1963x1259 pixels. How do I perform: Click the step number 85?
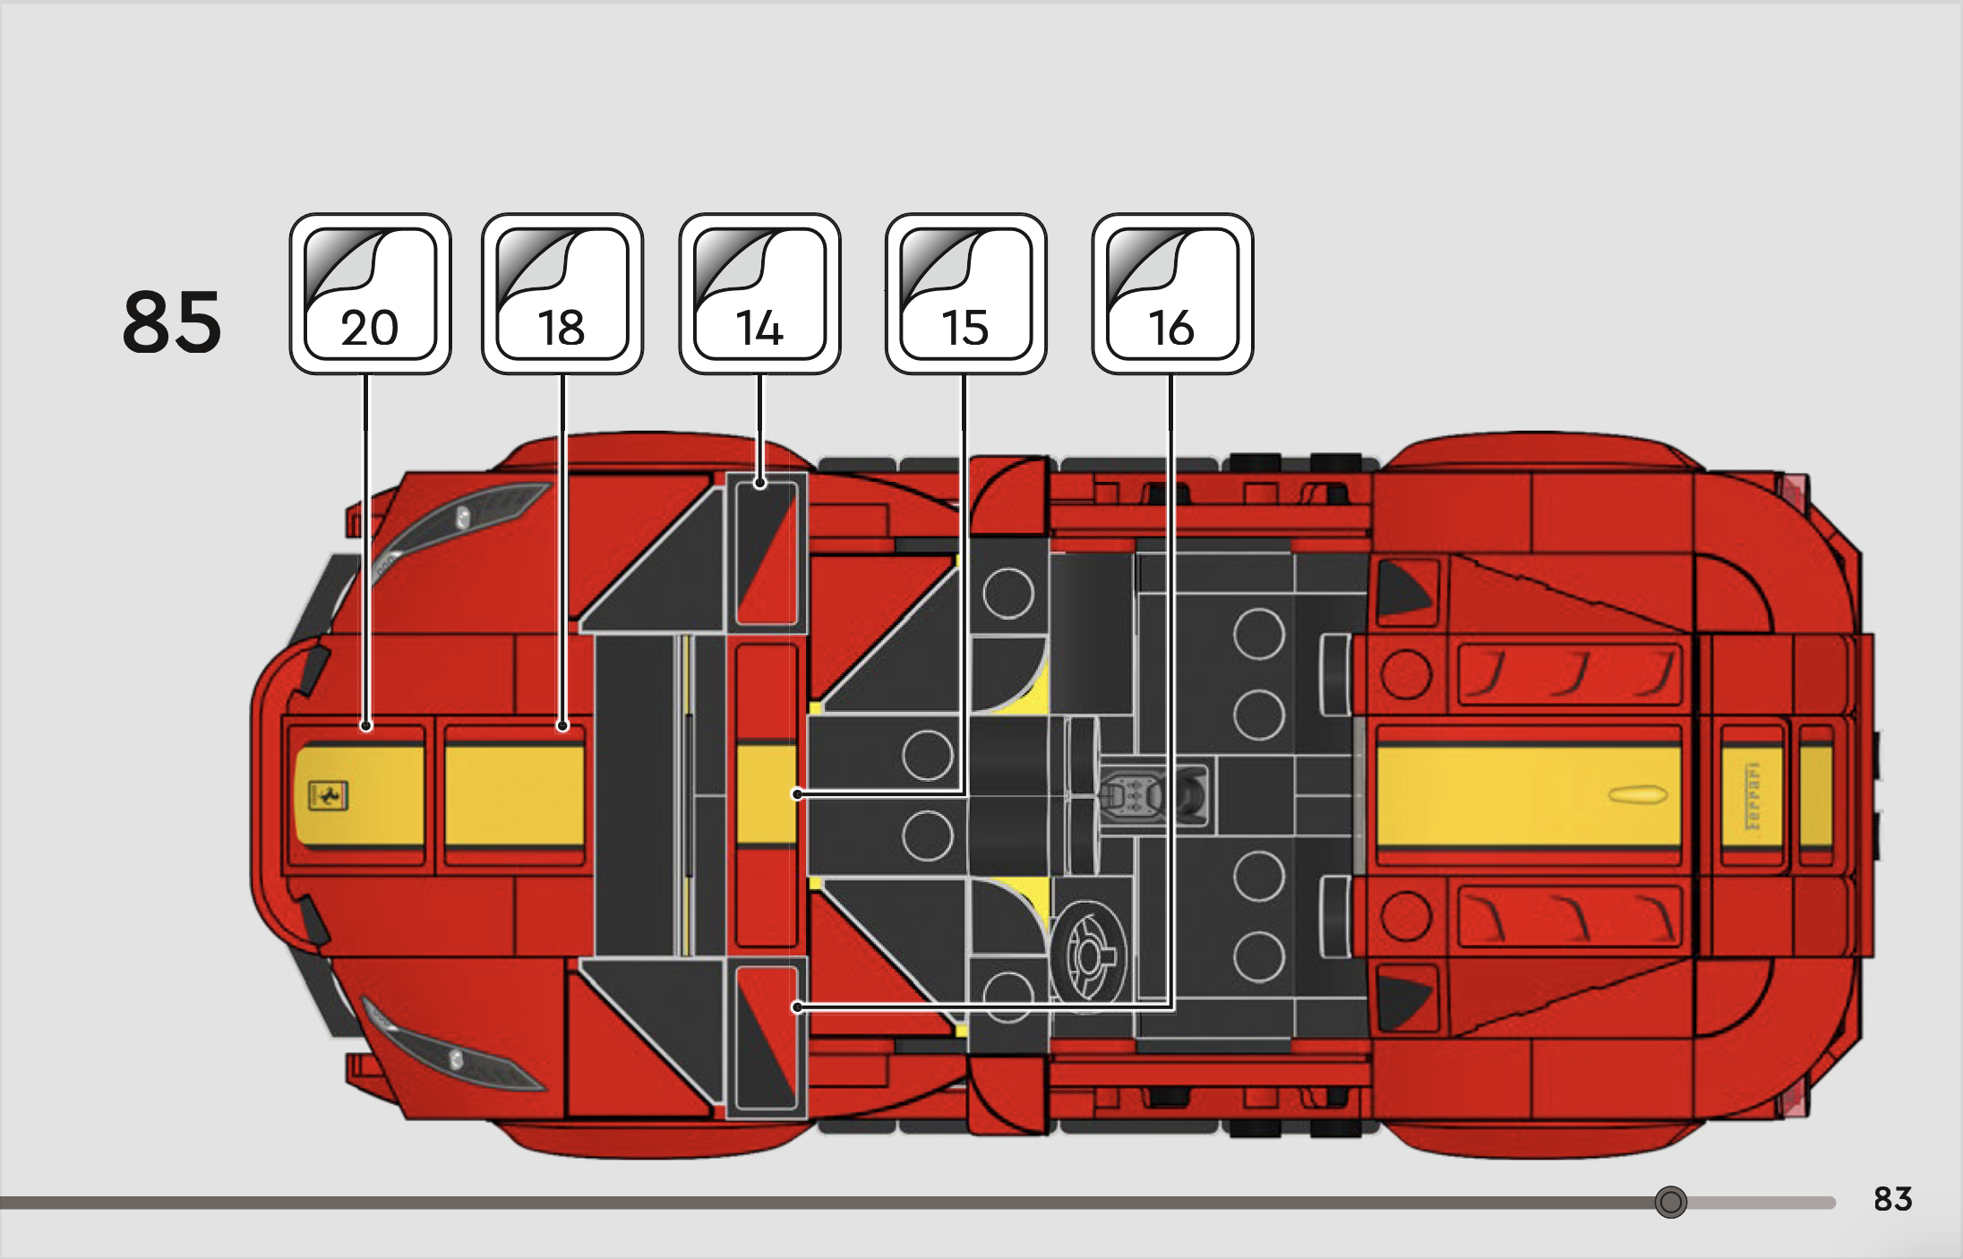[171, 321]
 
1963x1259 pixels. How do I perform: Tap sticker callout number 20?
[370, 294]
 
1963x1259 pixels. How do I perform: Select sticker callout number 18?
[562, 294]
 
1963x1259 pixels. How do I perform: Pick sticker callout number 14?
[759, 294]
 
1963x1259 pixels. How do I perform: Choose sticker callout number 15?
[965, 294]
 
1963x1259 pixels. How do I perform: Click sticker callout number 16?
[1172, 294]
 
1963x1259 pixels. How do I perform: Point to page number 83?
[1892, 1198]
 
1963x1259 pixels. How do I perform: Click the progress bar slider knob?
[1670, 1202]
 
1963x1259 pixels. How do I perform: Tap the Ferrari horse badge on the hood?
[328, 795]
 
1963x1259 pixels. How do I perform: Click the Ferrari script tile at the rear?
[1752, 796]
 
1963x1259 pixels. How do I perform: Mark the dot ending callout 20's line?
[365, 725]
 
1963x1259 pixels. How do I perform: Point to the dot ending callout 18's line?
[562, 725]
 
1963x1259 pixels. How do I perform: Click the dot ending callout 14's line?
[759, 484]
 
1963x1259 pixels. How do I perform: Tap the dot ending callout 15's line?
[797, 793]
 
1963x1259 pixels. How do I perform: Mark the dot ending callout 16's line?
[797, 1006]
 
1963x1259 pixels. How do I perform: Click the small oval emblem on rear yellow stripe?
[1637, 794]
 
